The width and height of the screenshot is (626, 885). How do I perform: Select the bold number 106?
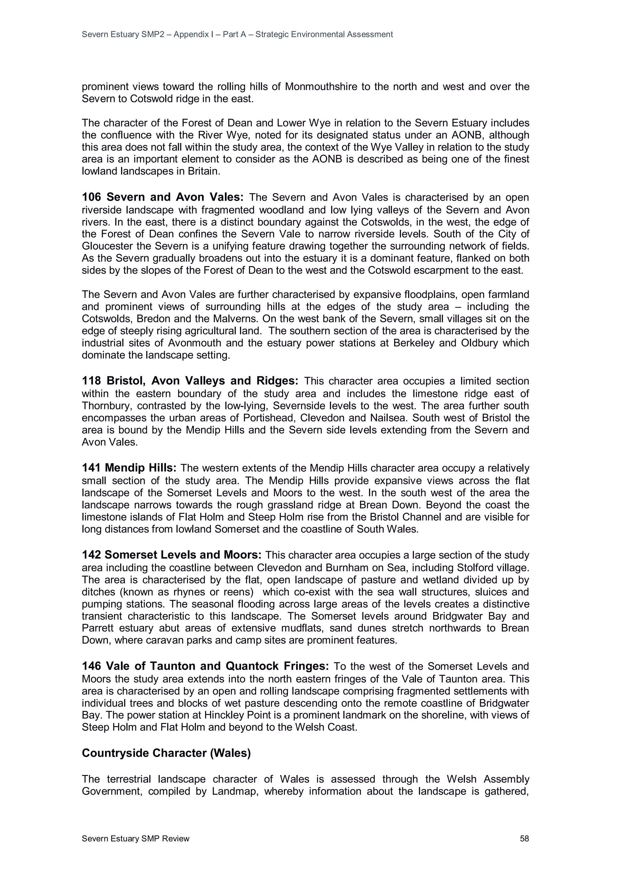91,197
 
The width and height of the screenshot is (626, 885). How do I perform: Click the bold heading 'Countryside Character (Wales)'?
166,753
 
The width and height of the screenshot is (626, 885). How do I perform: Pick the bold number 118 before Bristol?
91,381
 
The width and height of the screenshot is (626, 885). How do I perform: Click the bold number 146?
91,666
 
